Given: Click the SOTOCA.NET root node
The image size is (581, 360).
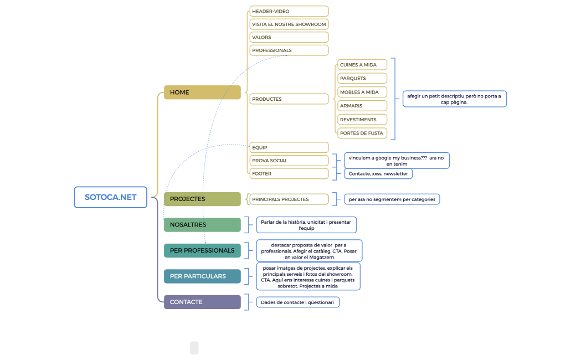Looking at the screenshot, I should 111,197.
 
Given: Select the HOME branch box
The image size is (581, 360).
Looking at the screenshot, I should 202,92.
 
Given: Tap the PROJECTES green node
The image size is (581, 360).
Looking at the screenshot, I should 202,199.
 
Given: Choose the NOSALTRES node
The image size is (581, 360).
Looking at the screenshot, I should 202,225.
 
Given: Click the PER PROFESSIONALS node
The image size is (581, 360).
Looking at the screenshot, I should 202,250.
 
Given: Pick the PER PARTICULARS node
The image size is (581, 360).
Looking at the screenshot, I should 202,276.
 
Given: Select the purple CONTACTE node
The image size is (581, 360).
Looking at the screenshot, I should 202,302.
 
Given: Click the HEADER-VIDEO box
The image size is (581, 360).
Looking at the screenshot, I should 289,11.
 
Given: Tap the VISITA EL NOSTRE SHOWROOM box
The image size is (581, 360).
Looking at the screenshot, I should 289,24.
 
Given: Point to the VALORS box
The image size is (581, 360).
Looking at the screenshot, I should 289,37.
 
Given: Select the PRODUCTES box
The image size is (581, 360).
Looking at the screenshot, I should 289,99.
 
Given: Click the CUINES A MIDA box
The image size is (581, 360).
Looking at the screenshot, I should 362,65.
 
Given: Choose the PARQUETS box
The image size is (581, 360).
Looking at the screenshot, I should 362,78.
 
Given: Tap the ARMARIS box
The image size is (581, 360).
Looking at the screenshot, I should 362,106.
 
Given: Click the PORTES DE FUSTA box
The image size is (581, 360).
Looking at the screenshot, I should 362,133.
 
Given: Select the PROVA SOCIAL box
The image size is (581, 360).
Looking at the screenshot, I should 289,161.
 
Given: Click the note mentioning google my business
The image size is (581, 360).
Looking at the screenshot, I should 397,161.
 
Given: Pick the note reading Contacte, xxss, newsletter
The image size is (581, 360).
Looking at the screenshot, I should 378,173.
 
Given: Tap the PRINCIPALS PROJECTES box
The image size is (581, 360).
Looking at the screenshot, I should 289,199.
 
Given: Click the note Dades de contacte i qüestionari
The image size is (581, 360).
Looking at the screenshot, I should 297,302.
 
